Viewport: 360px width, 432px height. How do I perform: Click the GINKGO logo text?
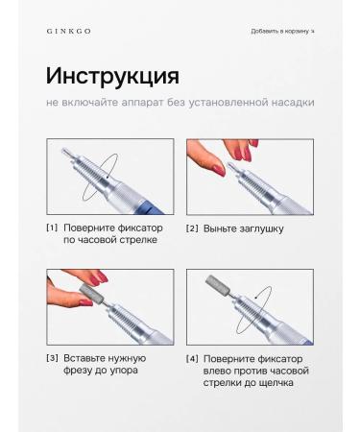pyautogui.click(x=68, y=31)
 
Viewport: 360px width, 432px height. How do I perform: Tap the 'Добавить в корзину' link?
pyautogui.click(x=280, y=31)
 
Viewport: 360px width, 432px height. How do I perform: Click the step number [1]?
pyautogui.click(x=52, y=228)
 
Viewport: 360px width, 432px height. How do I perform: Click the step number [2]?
pyautogui.click(x=192, y=228)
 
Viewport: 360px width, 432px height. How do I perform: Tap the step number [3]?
pyautogui.click(x=52, y=358)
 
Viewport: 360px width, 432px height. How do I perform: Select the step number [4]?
pyautogui.click(x=192, y=358)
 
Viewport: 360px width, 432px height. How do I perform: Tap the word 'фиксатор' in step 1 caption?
pyautogui.click(x=135, y=228)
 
